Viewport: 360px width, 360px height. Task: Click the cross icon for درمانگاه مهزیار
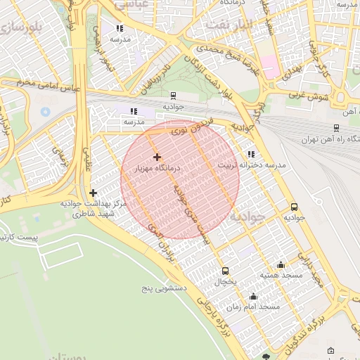tap(156, 157)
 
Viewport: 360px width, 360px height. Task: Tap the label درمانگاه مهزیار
tap(157, 168)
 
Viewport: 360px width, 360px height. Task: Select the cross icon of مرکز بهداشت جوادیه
tap(93, 193)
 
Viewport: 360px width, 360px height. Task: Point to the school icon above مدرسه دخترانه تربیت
tap(251, 154)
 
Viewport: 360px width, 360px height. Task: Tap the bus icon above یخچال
tap(225, 271)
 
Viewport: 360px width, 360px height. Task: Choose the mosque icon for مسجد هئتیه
tap(281, 264)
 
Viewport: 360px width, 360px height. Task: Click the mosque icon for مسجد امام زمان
tap(253, 296)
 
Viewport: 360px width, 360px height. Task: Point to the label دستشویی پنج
tap(164, 288)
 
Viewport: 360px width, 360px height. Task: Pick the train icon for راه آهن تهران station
tap(337, 128)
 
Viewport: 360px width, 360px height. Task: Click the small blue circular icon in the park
tap(46, 112)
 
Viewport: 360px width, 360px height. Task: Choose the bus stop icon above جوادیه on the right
tap(294, 207)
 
